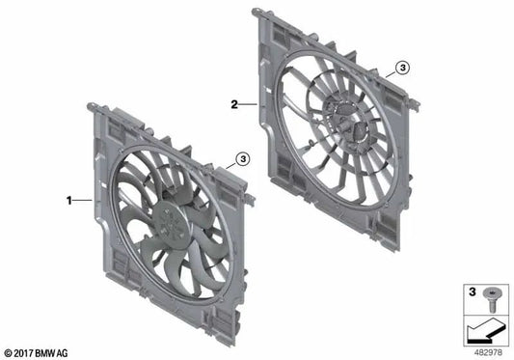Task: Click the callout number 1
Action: (69, 201)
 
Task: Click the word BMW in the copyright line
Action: (52, 352)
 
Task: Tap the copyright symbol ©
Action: (9, 352)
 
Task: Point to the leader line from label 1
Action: (83, 201)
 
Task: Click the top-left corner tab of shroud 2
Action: (257, 14)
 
